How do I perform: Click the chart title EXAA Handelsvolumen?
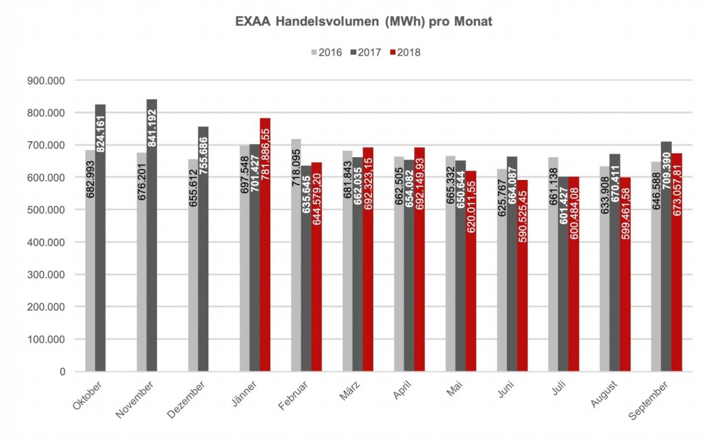pyautogui.click(x=363, y=22)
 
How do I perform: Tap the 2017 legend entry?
pyautogui.click(x=366, y=53)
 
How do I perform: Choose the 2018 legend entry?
pyautogui.click(x=405, y=53)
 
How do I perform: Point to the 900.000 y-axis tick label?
pyautogui.click(x=46, y=81)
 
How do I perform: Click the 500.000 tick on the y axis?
pyautogui.click(x=46, y=210)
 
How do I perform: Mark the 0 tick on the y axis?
pyautogui.click(x=62, y=372)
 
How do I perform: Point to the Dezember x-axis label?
pyautogui.click(x=186, y=400)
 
